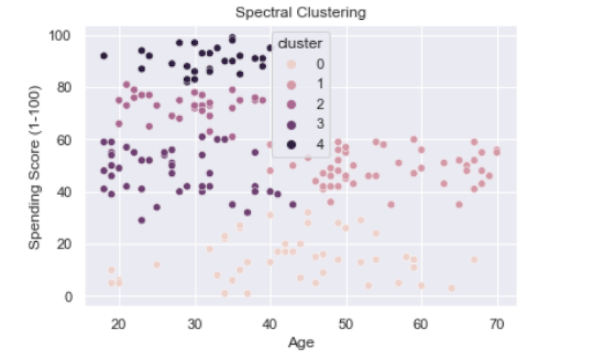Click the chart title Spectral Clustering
300,12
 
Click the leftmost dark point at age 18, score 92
104,56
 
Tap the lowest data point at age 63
452,288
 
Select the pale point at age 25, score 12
157,265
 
